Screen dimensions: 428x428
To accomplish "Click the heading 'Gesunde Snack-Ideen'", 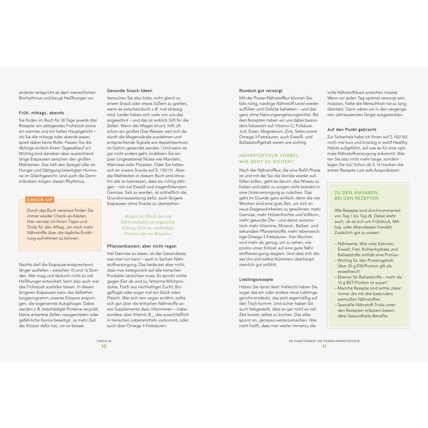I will pyautogui.click(x=130, y=90).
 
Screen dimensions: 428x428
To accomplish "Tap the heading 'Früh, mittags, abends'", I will pyautogui.click(x=42, y=112).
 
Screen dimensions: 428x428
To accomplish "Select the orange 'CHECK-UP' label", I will pyautogui.click(x=40, y=200).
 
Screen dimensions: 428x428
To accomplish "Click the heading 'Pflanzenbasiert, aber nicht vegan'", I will pyautogui.click(x=142, y=246).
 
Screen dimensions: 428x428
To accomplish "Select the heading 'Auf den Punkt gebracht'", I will pyautogui.click(x=352, y=130).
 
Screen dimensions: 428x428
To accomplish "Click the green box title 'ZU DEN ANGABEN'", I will pyautogui.click(x=356, y=192).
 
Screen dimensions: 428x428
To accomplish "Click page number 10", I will pyautogui.click(x=104, y=346).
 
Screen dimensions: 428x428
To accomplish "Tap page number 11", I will pyautogui.click(x=324, y=346).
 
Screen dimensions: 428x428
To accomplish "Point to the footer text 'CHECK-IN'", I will pyautogui.click(x=104, y=341).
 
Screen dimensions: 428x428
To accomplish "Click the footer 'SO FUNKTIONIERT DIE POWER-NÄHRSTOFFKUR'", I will pyautogui.click(x=324, y=341).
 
